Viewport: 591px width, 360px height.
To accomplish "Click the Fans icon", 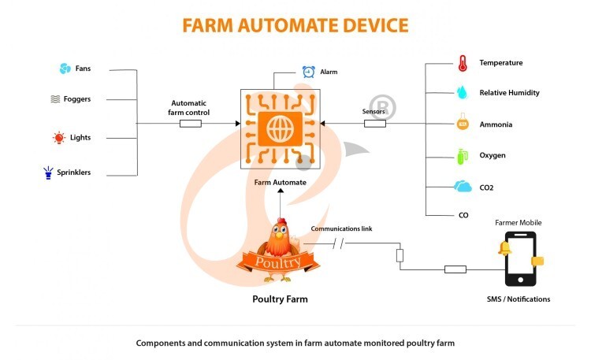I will (65, 69).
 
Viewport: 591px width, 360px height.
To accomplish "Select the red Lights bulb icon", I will (58, 138).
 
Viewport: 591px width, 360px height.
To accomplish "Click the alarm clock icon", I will (309, 72).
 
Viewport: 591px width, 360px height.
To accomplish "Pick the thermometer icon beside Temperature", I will (461, 62).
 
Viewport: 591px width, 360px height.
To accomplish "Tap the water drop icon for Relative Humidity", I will (462, 92).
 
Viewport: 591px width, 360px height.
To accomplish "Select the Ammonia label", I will (496, 124).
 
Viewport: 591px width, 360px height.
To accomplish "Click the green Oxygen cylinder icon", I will (462, 155).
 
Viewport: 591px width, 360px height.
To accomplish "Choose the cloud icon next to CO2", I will (462, 187).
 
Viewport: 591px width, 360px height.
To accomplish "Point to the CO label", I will (463, 215).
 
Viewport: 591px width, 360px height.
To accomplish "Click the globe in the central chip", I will (280, 128).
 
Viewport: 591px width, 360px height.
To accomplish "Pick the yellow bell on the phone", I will (504, 249).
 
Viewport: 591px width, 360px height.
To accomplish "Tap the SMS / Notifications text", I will (519, 299).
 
